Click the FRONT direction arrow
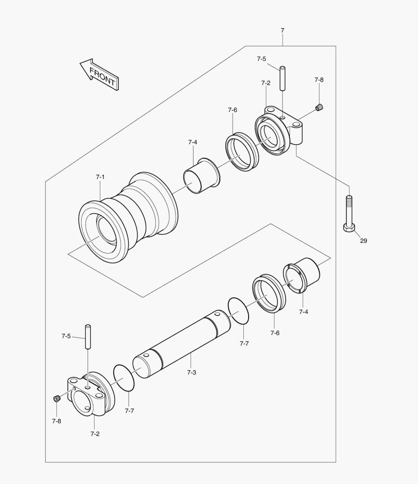(x=99, y=74)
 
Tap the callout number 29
(x=363, y=241)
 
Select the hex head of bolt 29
(x=349, y=228)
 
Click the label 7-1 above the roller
(x=100, y=177)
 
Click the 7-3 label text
(x=191, y=372)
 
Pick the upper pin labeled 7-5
(x=283, y=78)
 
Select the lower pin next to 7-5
(x=88, y=337)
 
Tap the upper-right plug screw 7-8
(x=319, y=107)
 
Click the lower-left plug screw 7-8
(x=57, y=398)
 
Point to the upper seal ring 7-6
(x=242, y=151)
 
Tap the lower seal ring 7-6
(x=269, y=294)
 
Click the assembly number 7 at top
(x=282, y=30)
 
